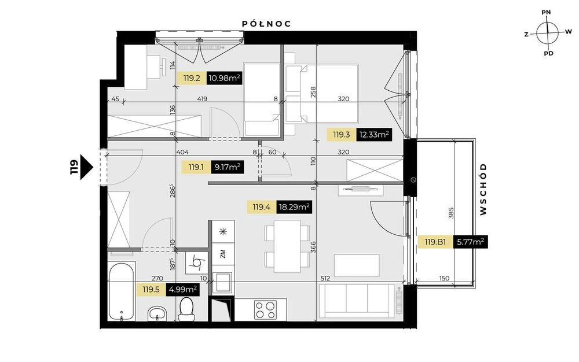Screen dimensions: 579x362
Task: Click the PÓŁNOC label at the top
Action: click(266, 24)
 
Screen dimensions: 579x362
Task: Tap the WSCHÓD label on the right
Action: click(483, 190)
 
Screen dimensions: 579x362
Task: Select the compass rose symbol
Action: click(547, 33)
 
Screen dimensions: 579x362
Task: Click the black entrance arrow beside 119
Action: click(86, 167)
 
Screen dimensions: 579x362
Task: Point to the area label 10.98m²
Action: click(225, 78)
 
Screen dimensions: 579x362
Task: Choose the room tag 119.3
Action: click(341, 135)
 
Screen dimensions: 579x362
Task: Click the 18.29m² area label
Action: click(294, 207)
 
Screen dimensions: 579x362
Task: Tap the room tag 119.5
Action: click(151, 290)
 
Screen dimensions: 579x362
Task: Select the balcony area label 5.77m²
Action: click(470, 242)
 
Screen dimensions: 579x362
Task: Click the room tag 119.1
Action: click(196, 167)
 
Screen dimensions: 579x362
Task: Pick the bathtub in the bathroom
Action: click(122, 291)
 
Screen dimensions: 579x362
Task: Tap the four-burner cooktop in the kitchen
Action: click(266, 309)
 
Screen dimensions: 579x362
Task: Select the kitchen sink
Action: click(222, 283)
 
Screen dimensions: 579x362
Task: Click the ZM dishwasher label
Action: click(223, 254)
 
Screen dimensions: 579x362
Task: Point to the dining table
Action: click(287, 246)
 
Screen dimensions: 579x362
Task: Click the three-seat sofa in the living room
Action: click(356, 301)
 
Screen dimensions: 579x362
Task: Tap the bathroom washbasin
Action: click(157, 314)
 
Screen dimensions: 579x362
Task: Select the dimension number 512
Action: click(325, 278)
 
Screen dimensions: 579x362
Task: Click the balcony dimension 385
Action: click(450, 213)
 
